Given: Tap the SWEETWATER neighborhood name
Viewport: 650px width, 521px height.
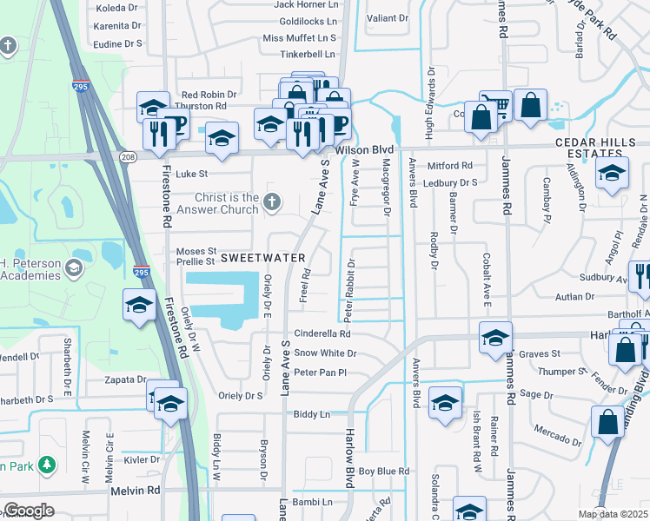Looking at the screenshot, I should pos(262,258).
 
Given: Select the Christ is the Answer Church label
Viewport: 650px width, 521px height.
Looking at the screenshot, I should pos(226,203).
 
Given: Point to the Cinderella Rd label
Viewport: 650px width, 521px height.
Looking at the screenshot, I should pos(322,333).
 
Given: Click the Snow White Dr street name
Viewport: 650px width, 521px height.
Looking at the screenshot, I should pos(325,353).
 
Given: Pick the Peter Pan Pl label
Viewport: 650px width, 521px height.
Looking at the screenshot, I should pos(320,373).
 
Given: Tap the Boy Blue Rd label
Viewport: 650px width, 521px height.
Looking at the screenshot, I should pos(383,472).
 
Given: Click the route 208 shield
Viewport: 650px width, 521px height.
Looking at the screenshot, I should pos(129,157).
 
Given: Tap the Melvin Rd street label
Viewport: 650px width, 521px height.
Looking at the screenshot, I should pos(136,491).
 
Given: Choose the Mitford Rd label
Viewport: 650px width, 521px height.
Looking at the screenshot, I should pos(450,165).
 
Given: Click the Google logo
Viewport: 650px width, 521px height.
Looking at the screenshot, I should pos(29,510).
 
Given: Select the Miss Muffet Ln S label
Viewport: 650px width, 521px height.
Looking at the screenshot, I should pos(299,38).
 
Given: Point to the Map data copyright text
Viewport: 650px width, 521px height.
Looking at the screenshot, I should pos(613,514).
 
